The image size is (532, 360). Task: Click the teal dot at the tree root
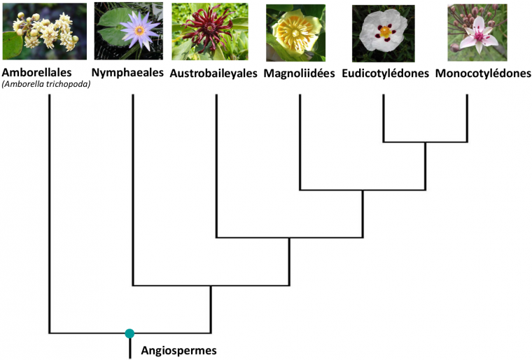tap(129, 333)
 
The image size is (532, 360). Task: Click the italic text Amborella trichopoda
tap(46, 85)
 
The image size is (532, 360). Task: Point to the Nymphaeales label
tap(128, 73)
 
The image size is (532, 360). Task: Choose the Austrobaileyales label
tap(214, 74)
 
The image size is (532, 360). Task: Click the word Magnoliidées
tap(300, 74)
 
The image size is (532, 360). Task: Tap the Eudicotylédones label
tap(386, 74)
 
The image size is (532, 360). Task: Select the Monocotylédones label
tap(482, 74)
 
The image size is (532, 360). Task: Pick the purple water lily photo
tap(128, 31)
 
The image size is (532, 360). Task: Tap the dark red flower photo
tap(209, 32)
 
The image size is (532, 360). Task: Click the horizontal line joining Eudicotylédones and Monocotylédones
tap(425, 141)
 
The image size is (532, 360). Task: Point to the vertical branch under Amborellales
tap(49, 210)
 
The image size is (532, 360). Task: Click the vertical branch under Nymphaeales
tap(133, 189)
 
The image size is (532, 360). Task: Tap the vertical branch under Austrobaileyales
tap(216, 165)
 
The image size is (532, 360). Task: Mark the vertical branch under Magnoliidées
tap(300, 140)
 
